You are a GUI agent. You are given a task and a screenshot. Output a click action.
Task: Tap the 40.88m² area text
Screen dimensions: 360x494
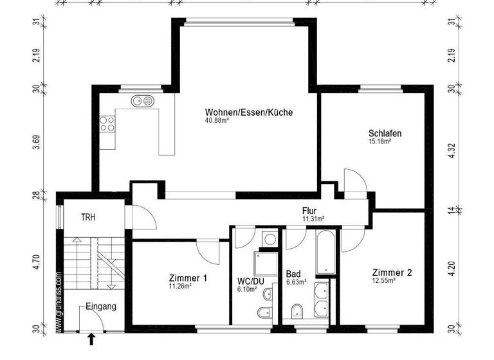tap(217, 120)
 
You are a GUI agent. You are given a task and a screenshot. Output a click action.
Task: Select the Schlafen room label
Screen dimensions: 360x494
tap(385, 133)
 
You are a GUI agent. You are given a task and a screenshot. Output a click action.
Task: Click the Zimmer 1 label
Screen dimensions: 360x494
tap(188, 278)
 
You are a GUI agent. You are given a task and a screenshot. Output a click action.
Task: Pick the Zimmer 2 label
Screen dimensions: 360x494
tap(392, 273)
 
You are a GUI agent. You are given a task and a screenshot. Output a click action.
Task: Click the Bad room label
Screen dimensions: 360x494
tap(293, 274)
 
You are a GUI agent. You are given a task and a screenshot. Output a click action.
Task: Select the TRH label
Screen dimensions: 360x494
tap(88, 217)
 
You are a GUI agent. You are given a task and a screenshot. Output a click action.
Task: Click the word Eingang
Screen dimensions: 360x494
tap(100, 307)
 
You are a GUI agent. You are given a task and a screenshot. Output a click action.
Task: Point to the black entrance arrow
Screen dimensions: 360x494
tap(91, 337)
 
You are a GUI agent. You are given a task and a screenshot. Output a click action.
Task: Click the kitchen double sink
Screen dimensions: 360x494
tap(142, 100)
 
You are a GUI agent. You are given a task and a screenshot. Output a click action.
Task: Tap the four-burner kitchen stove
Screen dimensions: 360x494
tap(106, 122)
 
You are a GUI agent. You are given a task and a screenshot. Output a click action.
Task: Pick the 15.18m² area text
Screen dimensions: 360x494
tap(380, 141)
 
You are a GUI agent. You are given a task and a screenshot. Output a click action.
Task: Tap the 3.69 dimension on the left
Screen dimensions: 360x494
tap(36, 143)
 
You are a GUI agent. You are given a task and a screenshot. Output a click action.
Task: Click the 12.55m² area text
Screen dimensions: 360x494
tap(384, 280)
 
